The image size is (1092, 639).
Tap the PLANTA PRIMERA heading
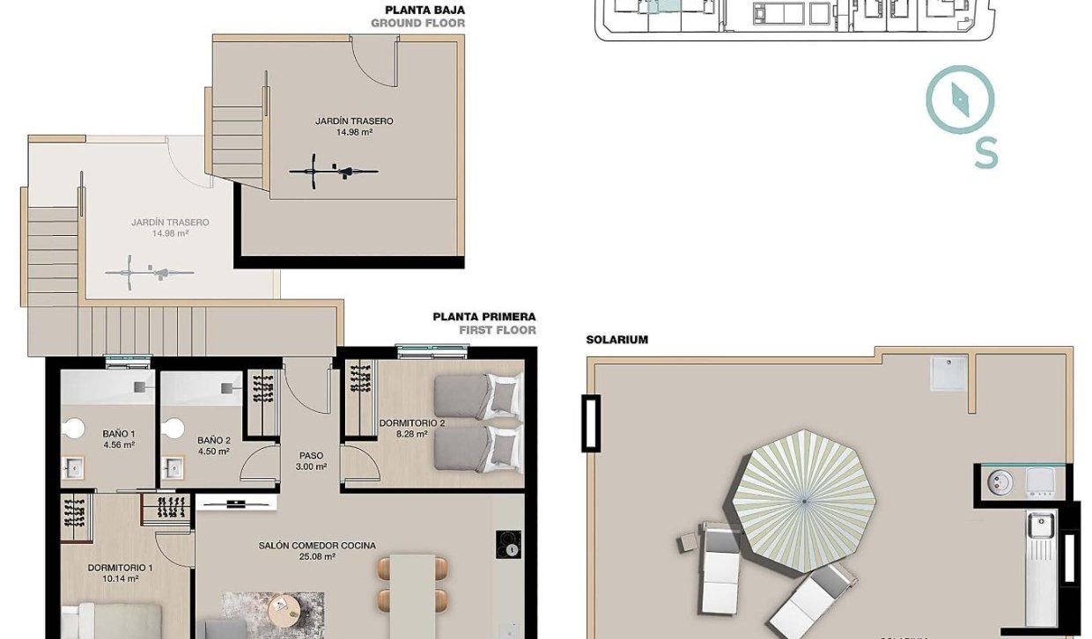(483, 317)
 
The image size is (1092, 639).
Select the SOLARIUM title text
(616, 340)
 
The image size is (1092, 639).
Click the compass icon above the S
(960, 99)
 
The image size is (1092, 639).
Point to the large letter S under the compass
(985, 155)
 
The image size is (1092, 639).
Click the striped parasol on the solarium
(803, 501)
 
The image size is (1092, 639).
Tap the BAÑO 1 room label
(118, 439)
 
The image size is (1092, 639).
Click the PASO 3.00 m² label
(312, 461)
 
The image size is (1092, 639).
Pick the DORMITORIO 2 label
(412, 429)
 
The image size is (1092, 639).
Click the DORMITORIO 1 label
(120, 573)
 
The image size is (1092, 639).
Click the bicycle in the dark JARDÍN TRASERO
(334, 170)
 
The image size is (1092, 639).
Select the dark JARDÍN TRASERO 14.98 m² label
(354, 127)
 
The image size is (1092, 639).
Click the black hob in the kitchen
(508, 544)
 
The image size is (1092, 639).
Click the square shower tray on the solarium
(948, 373)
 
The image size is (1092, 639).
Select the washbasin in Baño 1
(72, 467)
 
